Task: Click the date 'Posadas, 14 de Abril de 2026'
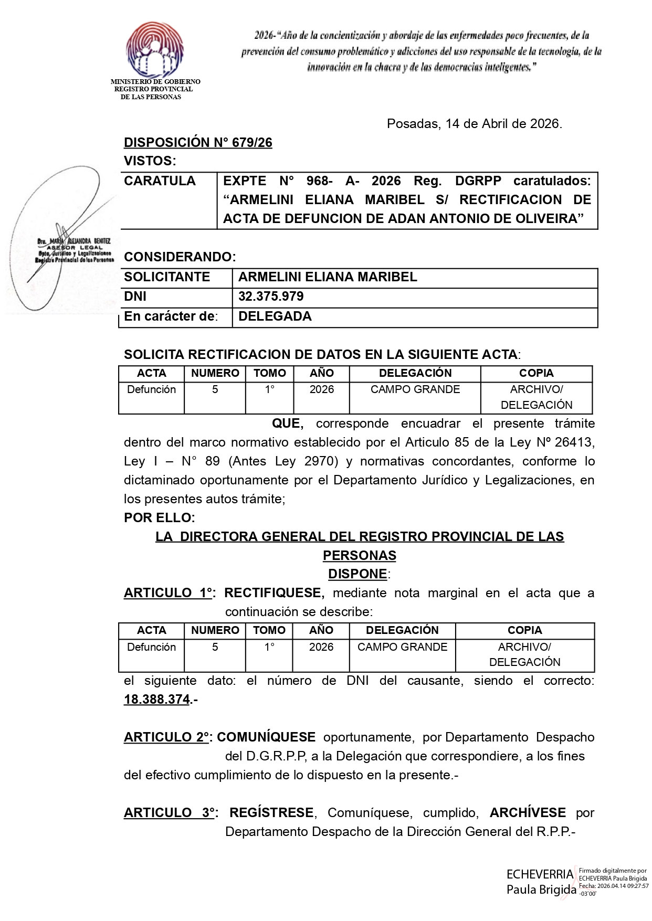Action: (474, 124)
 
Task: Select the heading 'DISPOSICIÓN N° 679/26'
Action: (198, 143)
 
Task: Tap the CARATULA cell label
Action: (160, 181)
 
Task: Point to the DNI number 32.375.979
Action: (271, 297)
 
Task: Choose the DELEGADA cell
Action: (275, 316)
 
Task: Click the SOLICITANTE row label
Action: (167, 277)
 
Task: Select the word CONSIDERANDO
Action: (179, 257)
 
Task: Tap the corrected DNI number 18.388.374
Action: (156, 700)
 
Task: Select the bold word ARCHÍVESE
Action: (528, 813)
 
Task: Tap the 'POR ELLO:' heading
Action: (159, 518)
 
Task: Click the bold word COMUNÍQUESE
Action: (266, 737)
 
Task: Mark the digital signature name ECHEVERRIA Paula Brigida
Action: (540, 882)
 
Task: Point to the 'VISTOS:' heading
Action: (150, 161)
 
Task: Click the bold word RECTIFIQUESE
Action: (273, 593)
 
